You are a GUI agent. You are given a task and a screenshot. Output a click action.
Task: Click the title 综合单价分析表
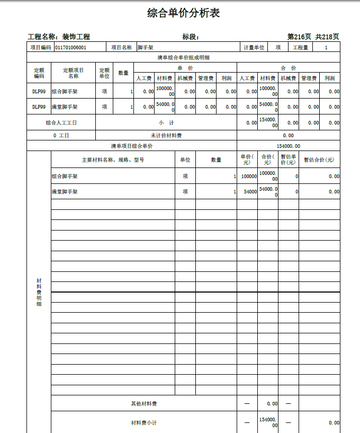pos(183,13)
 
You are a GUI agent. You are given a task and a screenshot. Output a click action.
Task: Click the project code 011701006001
pos(70,48)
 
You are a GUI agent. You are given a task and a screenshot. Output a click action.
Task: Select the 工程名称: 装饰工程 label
pos(59,37)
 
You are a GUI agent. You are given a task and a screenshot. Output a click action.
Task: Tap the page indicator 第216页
pos(299,37)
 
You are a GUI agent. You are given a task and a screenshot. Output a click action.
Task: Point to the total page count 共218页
pos(327,37)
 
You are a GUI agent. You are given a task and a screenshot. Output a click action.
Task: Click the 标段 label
pos(190,37)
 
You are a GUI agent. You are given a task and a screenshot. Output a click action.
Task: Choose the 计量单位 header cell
pos(254,48)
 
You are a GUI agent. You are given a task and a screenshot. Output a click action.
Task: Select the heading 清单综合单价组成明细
pos(183,57)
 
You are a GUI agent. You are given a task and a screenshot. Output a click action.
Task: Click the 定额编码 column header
pos(39,73)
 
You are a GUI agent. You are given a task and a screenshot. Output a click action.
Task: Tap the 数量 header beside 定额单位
pos(123,73)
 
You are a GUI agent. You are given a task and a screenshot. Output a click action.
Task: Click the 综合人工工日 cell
pos(61,123)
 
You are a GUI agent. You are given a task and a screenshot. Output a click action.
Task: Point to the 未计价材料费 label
pos(166,136)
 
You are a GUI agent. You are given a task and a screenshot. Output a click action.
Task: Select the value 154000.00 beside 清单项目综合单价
pos(288,146)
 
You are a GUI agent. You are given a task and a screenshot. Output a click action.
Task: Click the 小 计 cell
pos(166,123)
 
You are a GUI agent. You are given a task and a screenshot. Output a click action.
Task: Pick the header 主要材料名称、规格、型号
pos(113,160)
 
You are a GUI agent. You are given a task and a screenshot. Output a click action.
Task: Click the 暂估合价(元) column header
pos(319,160)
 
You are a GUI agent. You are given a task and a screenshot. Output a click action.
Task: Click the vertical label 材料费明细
pos(39,291)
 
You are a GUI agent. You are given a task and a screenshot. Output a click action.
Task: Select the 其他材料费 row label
pos(143,404)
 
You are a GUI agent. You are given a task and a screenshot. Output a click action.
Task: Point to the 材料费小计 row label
pos(143,423)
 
